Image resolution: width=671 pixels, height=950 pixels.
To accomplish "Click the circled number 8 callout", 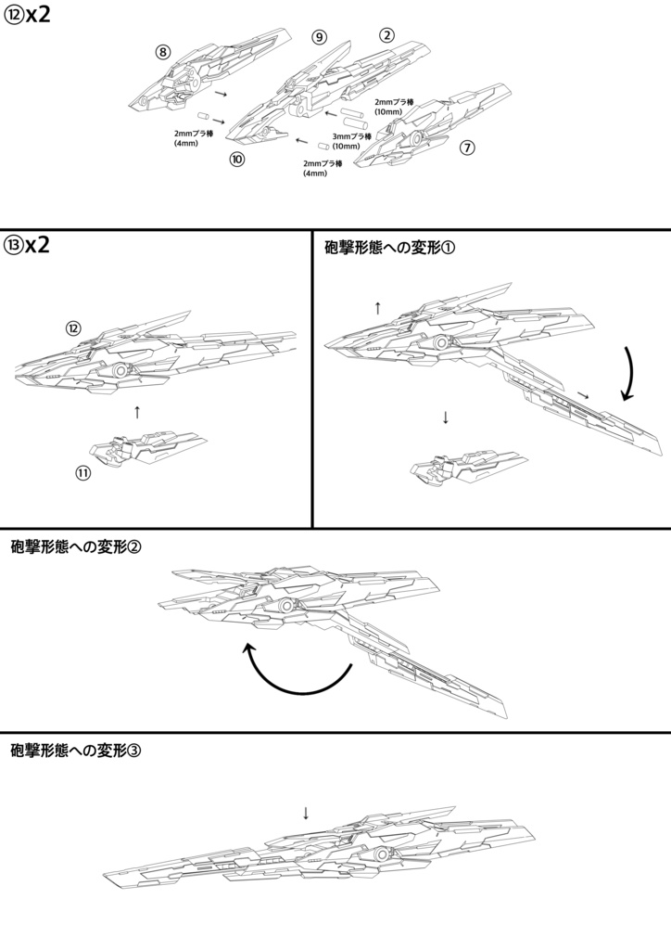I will click(x=163, y=52).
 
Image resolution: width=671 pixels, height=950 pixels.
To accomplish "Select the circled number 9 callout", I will click(x=319, y=37).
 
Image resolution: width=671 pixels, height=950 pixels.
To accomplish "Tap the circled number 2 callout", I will click(x=386, y=35).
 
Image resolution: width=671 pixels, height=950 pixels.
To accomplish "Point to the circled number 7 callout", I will click(x=467, y=148).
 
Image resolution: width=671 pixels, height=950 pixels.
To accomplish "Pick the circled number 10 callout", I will click(x=237, y=160).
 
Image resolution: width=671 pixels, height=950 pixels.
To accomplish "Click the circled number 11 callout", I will click(x=83, y=473).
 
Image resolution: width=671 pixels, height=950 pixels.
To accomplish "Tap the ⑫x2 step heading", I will click(x=27, y=19).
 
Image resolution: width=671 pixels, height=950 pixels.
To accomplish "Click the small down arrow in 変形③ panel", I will click(x=306, y=813).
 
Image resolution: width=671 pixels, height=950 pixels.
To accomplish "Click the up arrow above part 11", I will click(x=137, y=411).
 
